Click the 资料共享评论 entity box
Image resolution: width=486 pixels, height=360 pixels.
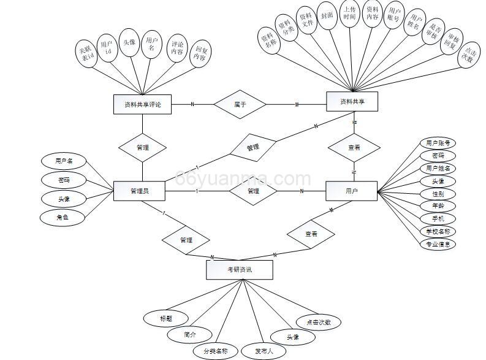tap(142, 104)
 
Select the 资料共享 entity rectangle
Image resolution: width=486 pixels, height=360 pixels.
tap(352, 102)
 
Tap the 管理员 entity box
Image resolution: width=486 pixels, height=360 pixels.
tap(139, 191)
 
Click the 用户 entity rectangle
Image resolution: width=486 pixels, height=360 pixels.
tap(352, 191)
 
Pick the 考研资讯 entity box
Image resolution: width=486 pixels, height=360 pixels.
tap(240, 269)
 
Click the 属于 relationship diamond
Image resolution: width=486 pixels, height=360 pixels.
tap(240, 104)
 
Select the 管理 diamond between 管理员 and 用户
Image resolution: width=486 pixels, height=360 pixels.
tap(253, 191)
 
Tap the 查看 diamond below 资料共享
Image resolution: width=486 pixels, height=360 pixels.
tap(354, 147)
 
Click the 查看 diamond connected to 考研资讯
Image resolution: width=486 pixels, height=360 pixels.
tap(311, 233)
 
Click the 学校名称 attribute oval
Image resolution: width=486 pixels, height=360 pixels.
tap(438, 231)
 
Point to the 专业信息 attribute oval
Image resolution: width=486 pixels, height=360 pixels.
tap(438, 243)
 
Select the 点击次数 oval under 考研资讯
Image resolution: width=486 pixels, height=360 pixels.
tap(317, 321)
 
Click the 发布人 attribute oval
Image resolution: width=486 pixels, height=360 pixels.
tap(264, 351)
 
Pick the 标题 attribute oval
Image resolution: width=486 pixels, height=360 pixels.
tap(165, 318)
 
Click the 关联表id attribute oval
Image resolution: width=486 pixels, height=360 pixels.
tap(86, 53)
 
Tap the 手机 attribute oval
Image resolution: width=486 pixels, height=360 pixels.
tap(438, 218)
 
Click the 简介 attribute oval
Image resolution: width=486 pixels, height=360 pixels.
tap(190, 335)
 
